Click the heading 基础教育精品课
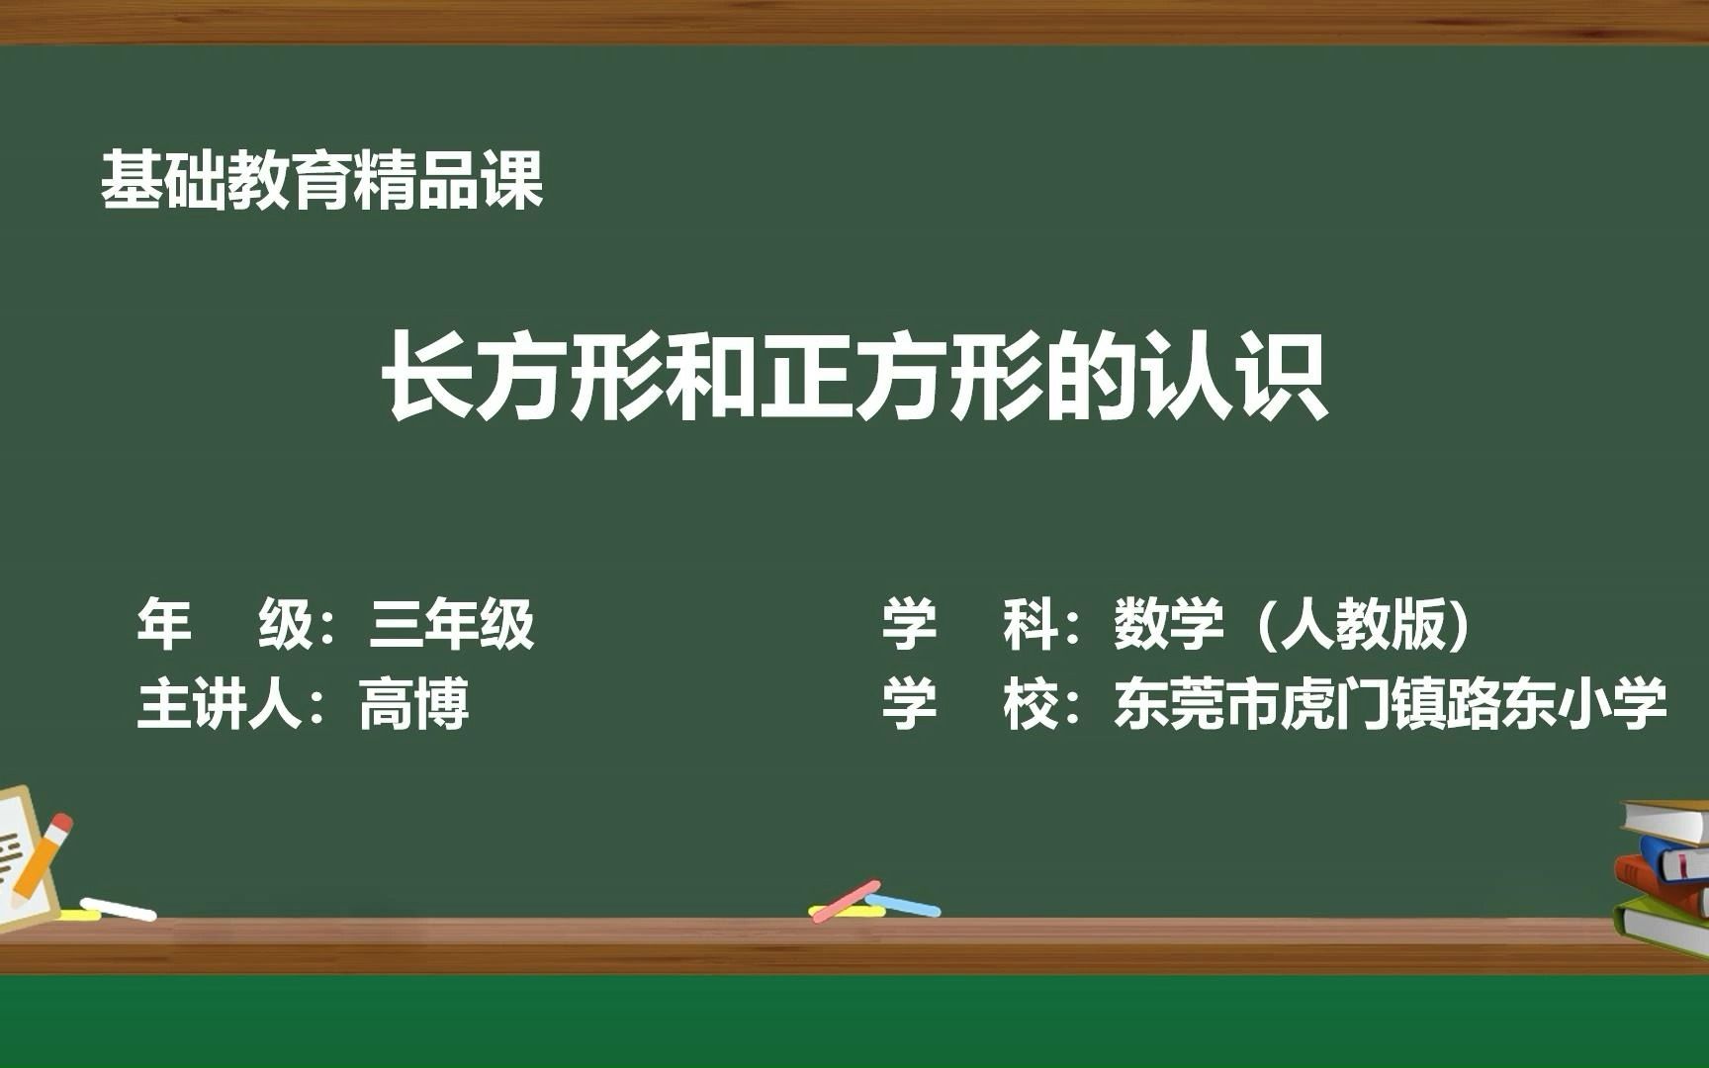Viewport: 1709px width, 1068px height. tap(322, 181)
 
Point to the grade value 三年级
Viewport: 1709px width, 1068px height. tap(452, 624)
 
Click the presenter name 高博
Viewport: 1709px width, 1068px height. tap(413, 705)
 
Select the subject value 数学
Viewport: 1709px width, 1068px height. tap(1168, 624)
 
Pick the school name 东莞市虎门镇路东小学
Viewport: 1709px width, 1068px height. tap(1390, 705)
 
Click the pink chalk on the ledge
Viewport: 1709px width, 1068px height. tap(845, 901)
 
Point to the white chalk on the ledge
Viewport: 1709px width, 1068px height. tap(119, 909)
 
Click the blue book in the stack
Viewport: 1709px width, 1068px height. tap(1676, 857)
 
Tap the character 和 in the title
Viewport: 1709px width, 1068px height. tap(711, 378)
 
